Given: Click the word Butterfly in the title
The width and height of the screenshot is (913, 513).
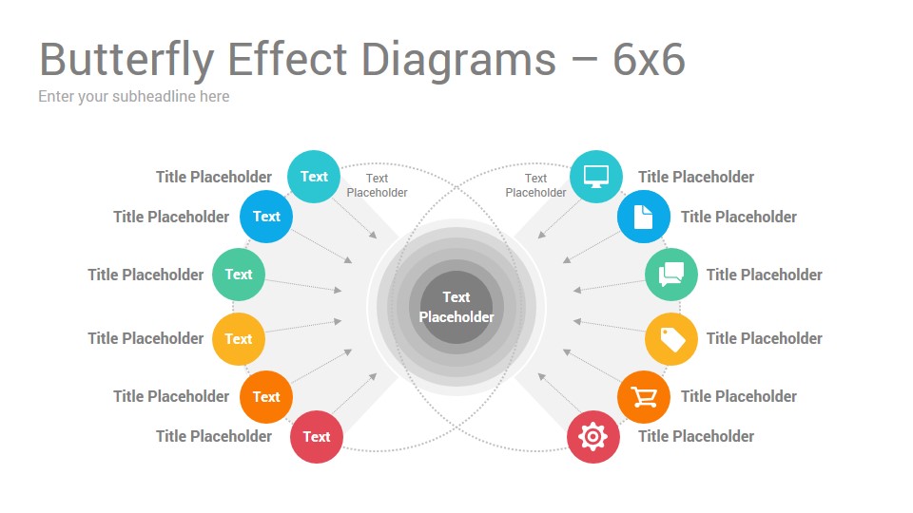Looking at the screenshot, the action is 126,61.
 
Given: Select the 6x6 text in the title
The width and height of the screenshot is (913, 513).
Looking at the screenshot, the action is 649,59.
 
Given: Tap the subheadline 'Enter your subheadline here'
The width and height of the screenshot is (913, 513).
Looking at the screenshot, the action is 134,97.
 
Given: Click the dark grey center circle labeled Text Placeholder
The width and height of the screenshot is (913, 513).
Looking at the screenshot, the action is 456,307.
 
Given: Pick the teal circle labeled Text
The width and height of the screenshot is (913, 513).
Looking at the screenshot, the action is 314,177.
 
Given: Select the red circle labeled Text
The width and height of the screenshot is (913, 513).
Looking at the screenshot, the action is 316,437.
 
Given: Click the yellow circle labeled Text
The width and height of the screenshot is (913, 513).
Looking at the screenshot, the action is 238,338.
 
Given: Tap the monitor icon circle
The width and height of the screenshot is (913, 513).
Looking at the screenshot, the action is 595,177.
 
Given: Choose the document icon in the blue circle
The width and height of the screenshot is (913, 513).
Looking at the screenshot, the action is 644,217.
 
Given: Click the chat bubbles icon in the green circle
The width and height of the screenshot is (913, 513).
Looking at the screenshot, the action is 671,275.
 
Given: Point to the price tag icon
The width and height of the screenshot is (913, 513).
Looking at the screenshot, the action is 672,339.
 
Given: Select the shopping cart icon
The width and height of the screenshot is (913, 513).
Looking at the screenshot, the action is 644,397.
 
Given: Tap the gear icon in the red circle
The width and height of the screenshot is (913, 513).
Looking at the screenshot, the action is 592,437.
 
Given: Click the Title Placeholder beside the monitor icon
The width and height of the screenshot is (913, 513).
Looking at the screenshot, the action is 696,177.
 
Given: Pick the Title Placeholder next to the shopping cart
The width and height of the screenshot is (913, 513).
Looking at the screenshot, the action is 738,397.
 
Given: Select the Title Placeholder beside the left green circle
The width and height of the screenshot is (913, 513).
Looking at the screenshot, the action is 146,275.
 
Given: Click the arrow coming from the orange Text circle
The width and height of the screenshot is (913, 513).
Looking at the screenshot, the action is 321,367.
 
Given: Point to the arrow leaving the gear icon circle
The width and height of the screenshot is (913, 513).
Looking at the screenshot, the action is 559,393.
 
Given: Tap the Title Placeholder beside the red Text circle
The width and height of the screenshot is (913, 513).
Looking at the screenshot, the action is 214,436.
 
